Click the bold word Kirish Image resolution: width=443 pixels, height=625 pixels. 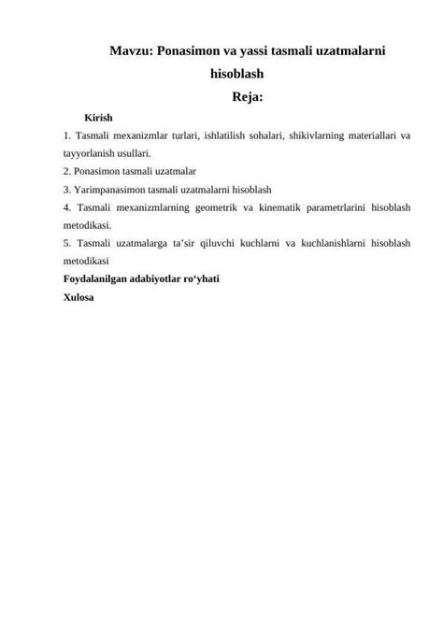click(98, 118)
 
